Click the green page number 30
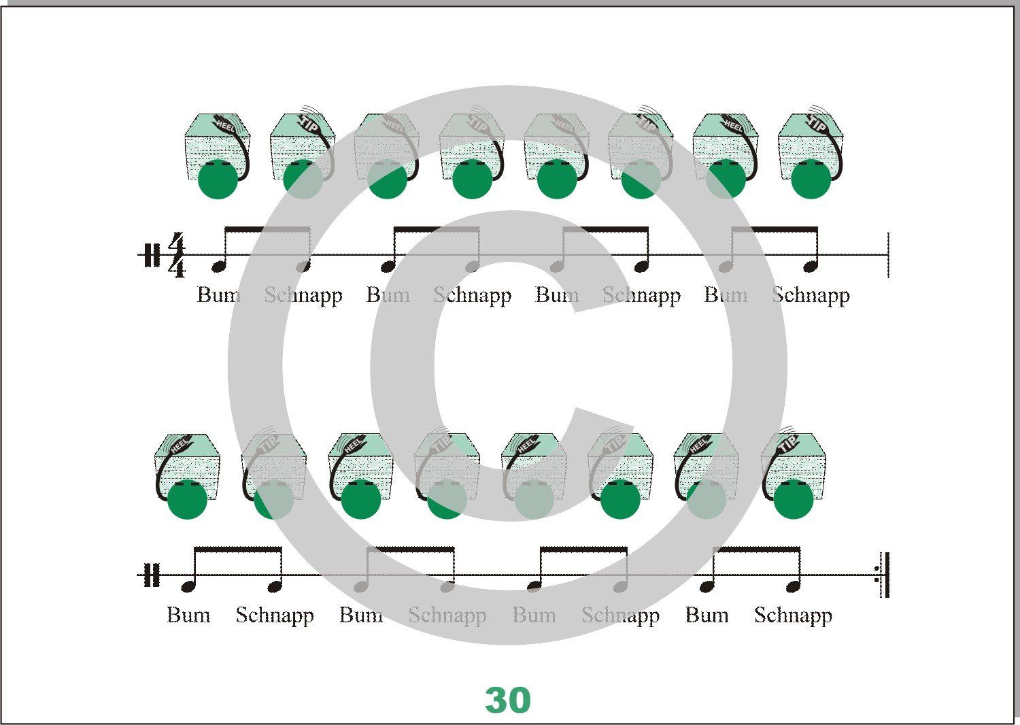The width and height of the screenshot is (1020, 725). tap(508, 700)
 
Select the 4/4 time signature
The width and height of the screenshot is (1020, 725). tap(177, 255)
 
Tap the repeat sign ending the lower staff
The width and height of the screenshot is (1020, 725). tap(883, 575)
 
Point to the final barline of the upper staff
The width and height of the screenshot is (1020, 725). tap(888, 255)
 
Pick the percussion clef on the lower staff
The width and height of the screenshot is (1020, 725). tap(152, 575)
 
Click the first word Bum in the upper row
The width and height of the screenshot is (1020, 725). tap(218, 295)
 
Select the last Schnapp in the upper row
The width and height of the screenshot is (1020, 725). tap(811, 295)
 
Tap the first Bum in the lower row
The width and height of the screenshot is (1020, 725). tap(188, 615)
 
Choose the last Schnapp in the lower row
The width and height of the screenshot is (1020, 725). tap(793, 615)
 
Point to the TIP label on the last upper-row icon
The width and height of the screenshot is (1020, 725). tap(818, 124)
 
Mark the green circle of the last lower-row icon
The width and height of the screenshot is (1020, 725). tap(793, 500)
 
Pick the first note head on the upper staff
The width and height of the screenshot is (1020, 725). tap(218, 266)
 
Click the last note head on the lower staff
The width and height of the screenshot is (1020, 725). tap(793, 586)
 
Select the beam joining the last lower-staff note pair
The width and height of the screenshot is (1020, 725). tap(755, 549)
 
